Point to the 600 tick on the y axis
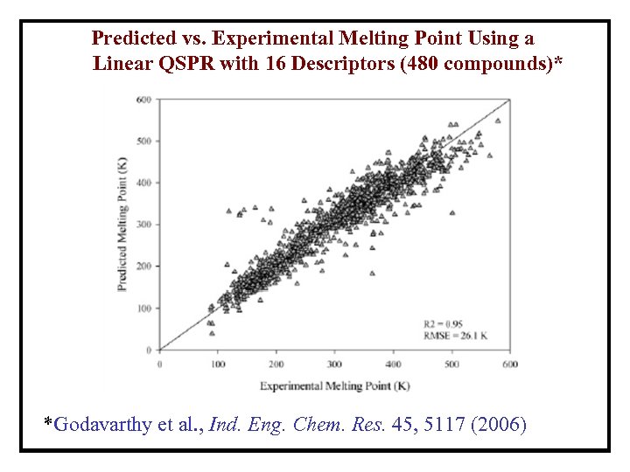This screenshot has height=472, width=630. click(x=144, y=99)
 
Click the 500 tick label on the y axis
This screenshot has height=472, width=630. click(x=144, y=141)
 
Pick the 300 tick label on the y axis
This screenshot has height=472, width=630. click(x=144, y=225)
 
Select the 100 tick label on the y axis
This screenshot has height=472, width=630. click(x=144, y=309)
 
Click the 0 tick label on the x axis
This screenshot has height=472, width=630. click(x=159, y=364)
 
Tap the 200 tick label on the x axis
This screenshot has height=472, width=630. click(x=276, y=364)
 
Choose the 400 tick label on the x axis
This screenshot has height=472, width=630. click(x=394, y=364)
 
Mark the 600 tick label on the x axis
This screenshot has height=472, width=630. click(x=510, y=364)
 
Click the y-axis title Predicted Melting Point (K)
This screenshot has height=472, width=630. click(x=123, y=225)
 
